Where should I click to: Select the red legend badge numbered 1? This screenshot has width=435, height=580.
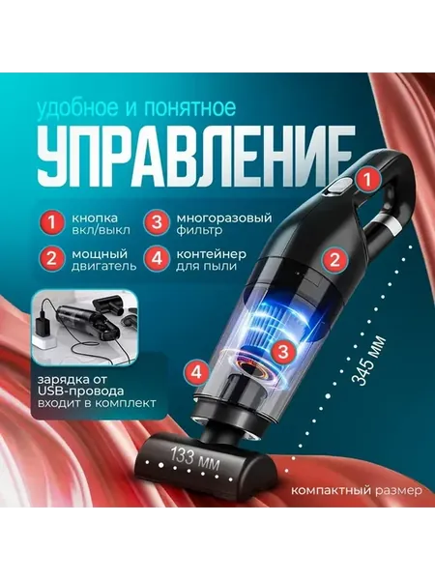pos(52,223)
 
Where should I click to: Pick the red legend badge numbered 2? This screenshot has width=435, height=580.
pos(52,258)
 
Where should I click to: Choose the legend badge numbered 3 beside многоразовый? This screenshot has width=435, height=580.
pos(158,223)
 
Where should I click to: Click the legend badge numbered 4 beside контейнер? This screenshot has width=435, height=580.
pos(158,258)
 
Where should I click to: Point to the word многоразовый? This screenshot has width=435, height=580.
pos(224,217)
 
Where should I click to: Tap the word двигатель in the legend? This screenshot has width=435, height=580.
pos(104,266)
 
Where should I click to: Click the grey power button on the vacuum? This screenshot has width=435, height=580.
pos(337,187)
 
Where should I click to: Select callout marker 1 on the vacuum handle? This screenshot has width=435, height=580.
pos(367,180)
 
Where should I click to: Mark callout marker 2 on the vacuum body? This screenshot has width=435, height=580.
pos(334,260)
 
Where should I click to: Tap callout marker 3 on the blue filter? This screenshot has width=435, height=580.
pos(283,352)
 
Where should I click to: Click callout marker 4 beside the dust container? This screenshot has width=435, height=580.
pos(198,372)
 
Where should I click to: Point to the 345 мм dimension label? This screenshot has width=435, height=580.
pos(368,360)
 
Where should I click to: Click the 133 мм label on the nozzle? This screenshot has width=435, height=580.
pos(194,458)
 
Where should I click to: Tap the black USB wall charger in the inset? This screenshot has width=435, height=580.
pos(45,325)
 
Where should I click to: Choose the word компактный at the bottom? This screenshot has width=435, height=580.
pos(331,490)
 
